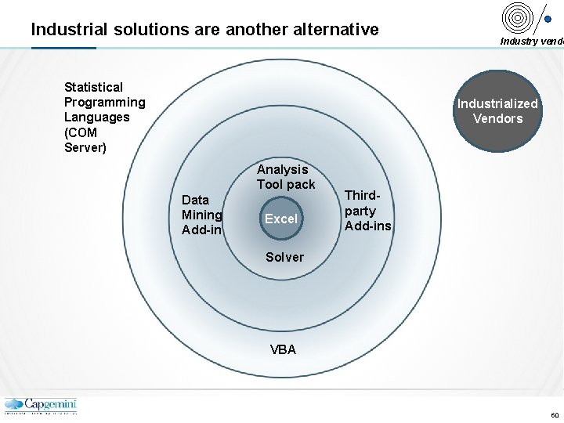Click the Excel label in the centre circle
tap(280, 219)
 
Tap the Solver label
tap(284, 257)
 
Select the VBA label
tap(284, 350)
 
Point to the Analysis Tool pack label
tap(285, 177)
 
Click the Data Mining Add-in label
tap(202, 215)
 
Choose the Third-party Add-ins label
tap(367, 211)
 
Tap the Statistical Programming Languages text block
tap(104, 117)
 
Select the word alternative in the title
tap(334, 30)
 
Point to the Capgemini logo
tap(41, 405)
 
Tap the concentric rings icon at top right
tap(518, 16)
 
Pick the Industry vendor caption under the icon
tap(531, 42)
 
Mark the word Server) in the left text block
tap(85, 147)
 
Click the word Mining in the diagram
tap(202, 215)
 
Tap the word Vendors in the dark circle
tap(497, 119)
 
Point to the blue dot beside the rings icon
tap(548, 21)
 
